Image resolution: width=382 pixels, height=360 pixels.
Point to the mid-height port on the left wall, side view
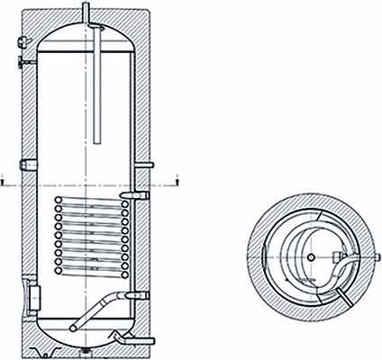point(27,166)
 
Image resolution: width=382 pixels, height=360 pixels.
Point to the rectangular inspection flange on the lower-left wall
point(33,293)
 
